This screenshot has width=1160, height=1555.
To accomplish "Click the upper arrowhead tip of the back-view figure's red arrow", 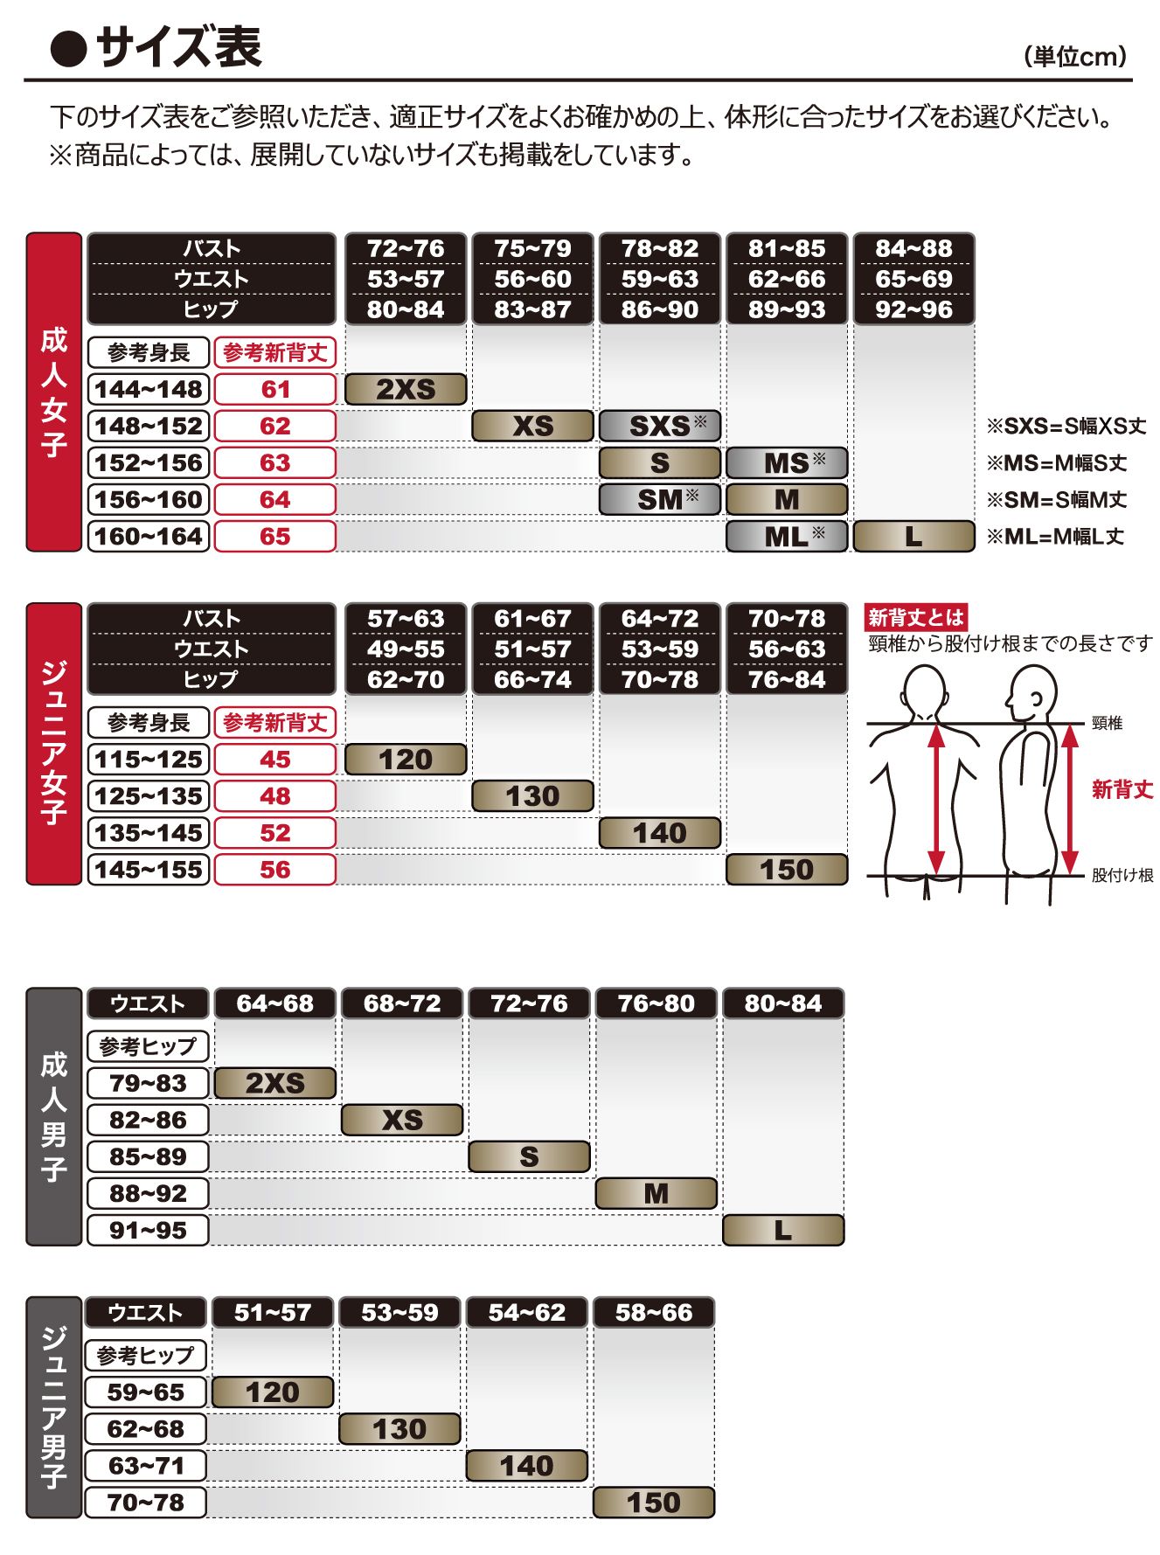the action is tap(936, 725).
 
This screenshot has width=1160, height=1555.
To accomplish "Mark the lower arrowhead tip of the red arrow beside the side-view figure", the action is tap(1070, 874).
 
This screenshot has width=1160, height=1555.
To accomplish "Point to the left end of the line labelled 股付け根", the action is tap(867, 875).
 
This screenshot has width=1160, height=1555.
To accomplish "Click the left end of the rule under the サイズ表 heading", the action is tap(24, 80).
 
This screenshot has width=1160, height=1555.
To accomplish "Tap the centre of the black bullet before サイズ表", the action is tap(68, 50).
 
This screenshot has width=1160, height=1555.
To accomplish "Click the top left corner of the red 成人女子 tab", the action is tap(26, 233).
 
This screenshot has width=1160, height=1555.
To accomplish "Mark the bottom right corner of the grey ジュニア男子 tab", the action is tap(81, 1518).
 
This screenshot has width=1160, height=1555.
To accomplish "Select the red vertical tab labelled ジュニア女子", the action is tap(54, 744).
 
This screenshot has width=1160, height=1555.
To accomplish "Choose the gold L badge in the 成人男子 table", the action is tap(783, 1230).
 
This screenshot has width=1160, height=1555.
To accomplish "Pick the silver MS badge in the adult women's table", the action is tap(787, 462).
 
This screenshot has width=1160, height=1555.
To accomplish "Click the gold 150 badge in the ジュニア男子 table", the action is tap(654, 1503).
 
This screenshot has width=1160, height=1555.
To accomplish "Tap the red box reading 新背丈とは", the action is tap(916, 617).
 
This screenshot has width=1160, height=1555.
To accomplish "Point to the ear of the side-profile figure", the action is tap(1036, 699).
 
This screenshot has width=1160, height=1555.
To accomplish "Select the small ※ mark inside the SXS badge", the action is tap(700, 421).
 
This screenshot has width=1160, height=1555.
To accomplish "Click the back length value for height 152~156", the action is tap(275, 462).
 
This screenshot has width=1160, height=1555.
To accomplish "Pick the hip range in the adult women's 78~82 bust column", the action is tap(660, 309).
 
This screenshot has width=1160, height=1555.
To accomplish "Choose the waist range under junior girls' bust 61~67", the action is tap(533, 649).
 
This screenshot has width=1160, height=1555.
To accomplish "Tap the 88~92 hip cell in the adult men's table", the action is tap(149, 1193).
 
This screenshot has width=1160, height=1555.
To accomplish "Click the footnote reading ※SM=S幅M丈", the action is tap(1057, 500).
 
